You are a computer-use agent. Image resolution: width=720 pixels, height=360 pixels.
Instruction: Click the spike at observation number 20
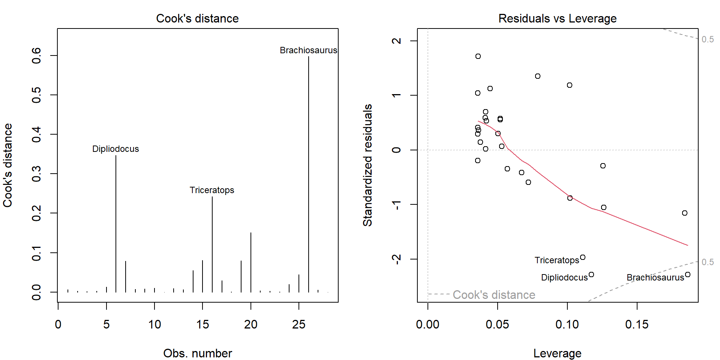(x=251, y=262)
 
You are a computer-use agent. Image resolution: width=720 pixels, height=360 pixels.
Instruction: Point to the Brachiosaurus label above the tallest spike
(x=308, y=50)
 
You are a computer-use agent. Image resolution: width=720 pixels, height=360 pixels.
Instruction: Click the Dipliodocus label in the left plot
(x=115, y=149)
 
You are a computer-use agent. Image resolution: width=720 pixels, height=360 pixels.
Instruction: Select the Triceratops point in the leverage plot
(x=583, y=257)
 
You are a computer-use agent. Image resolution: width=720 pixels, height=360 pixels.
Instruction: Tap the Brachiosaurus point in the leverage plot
(x=688, y=274)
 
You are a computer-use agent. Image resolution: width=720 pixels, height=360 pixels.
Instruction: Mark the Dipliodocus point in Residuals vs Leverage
(x=591, y=274)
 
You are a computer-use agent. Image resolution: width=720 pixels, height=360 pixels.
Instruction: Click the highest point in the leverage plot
(x=478, y=56)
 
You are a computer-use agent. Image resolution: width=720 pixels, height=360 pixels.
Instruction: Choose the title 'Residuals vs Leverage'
(x=557, y=18)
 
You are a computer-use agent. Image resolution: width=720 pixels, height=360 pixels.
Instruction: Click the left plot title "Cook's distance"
(x=197, y=18)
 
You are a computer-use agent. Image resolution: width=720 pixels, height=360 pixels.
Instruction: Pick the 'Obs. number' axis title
(x=197, y=353)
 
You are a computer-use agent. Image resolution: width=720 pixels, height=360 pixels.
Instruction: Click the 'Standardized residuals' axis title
(x=367, y=165)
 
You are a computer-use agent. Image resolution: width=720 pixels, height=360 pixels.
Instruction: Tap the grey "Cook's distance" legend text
(x=494, y=295)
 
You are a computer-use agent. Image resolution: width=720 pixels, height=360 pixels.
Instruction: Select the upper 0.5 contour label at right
(x=708, y=39)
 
